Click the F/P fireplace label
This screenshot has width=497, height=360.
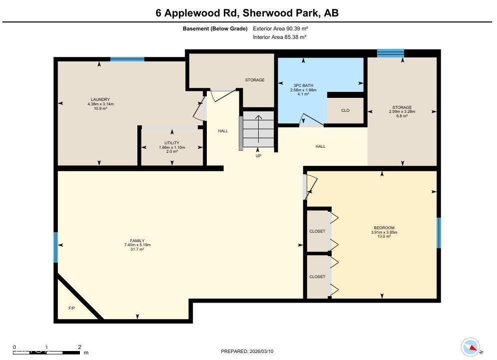pos(72,308)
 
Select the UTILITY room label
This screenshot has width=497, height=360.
pos(172,143)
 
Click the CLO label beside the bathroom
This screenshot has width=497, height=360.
pos(345,110)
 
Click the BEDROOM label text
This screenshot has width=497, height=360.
pos(384,228)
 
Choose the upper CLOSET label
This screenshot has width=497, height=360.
pos(317,231)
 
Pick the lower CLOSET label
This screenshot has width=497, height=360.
pos(317,277)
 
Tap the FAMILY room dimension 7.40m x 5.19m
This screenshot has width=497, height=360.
pos(137,245)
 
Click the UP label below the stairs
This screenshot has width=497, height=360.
pos(258,156)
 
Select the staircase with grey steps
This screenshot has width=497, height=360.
pos(258,129)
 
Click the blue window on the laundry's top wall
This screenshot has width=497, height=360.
pos(127,59)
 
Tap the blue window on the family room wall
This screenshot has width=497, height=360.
pos(56,247)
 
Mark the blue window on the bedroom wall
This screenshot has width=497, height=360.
pos(439,233)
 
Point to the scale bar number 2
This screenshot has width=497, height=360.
pos(79,347)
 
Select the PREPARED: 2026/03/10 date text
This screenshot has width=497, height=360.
pos(247,352)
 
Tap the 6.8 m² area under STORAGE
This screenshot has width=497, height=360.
pos(402,116)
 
